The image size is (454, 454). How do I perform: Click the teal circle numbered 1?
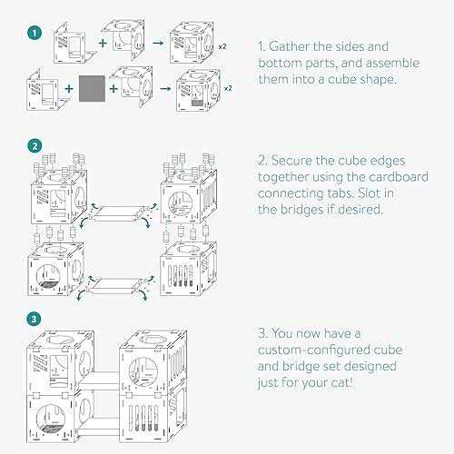[x=35, y=33]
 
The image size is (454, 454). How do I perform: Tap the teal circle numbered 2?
[x=35, y=146]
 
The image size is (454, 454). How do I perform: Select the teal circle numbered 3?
[x=34, y=320]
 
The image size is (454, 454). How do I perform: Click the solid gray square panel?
[x=92, y=88]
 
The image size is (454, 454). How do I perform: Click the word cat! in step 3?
[x=342, y=383]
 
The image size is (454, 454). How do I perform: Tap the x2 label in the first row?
[x=222, y=46]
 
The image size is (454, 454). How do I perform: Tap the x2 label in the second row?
[x=228, y=88]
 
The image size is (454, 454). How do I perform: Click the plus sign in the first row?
[x=103, y=43]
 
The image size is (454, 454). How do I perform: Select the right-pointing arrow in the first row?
[x=158, y=43]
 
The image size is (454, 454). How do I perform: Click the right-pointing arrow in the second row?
[x=165, y=88]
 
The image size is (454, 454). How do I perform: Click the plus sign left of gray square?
[x=69, y=88]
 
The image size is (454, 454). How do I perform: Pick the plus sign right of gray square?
[x=113, y=88]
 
